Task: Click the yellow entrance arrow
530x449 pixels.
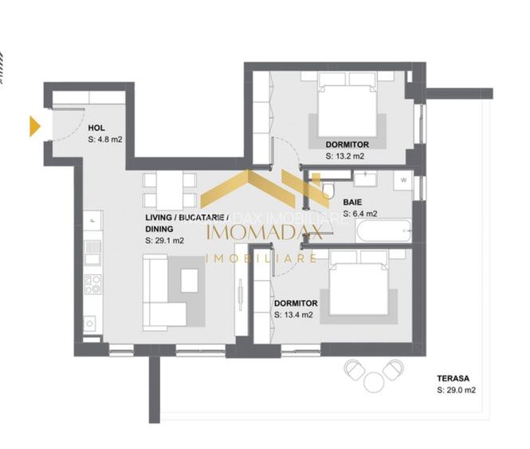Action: coord(34,126)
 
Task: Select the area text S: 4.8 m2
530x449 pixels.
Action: coord(105,140)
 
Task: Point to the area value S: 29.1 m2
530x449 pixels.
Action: coord(165,240)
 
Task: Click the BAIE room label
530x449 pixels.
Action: coord(354,202)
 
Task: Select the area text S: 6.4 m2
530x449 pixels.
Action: coord(360,214)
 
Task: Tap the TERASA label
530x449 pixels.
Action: coord(452,379)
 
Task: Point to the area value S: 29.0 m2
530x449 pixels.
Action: coord(457,391)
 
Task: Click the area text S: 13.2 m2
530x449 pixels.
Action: coord(347,156)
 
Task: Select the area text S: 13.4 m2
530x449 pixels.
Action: coord(293,315)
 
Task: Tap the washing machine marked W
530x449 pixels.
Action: coord(404,180)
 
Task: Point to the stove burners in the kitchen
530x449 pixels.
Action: coord(93,284)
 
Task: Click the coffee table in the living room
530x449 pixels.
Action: coord(190,281)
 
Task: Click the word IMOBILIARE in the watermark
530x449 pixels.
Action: coord(261,258)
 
